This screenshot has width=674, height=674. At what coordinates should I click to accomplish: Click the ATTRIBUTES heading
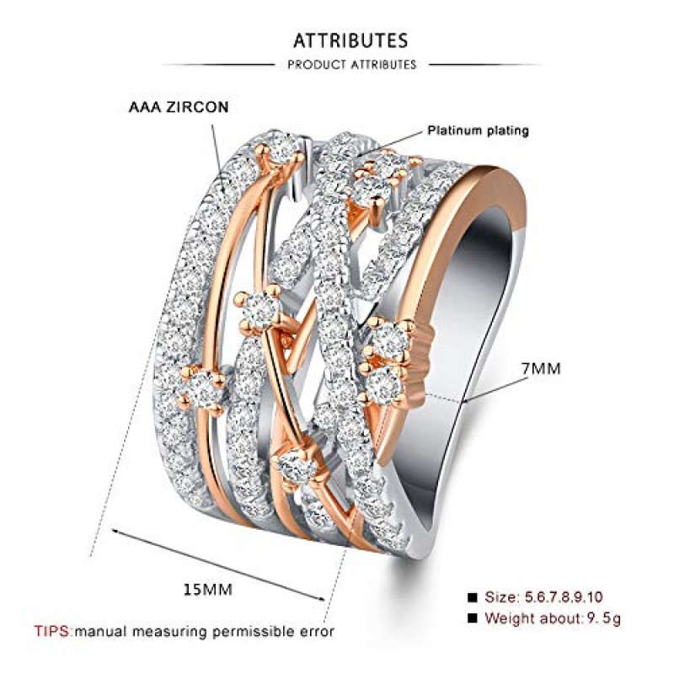point(350,40)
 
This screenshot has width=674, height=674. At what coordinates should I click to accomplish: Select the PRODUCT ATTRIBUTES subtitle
point(351,65)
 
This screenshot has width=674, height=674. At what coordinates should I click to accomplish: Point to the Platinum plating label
point(478,131)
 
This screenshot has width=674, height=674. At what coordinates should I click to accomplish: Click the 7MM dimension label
point(540,369)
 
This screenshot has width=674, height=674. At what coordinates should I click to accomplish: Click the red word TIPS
point(53,630)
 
